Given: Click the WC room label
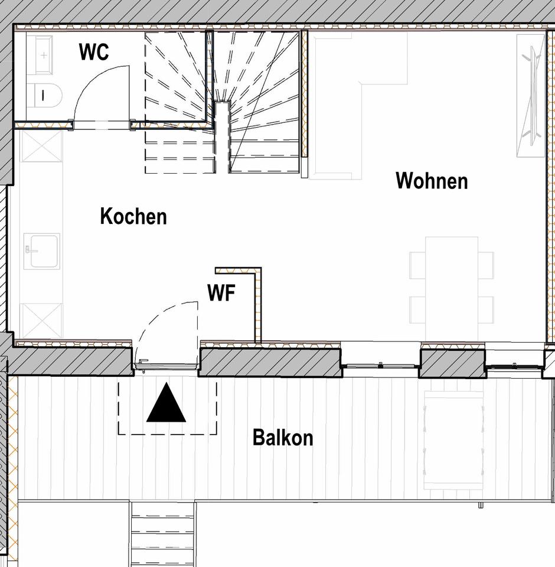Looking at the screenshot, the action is pos(94,52).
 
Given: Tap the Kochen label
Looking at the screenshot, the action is pos(133,216).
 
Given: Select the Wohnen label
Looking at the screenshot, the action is pos(432,181).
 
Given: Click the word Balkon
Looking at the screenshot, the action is pos(283,438).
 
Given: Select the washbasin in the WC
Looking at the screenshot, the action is pos(40,55).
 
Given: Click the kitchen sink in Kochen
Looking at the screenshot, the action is pos(42,252).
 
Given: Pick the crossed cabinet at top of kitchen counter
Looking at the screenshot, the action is pos(41,146).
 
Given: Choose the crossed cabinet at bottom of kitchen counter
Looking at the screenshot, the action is pos(41,321).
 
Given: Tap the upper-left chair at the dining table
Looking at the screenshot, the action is pos(417,265).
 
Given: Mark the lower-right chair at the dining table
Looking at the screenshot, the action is pos(486,309).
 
